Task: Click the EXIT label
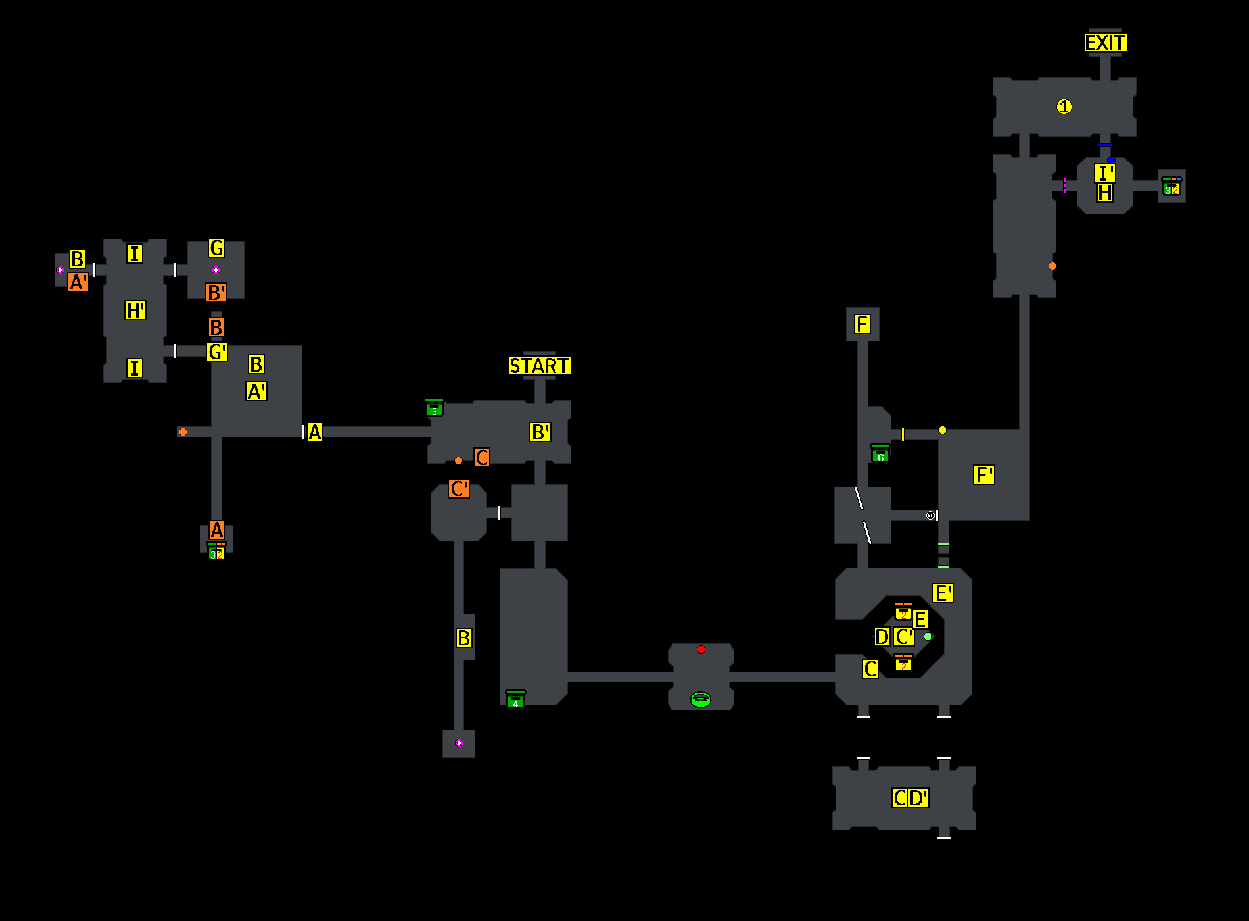pyautogui.click(x=1105, y=43)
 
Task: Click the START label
pyautogui.click(x=540, y=366)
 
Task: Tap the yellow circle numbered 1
pyautogui.click(x=1064, y=107)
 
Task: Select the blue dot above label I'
pyautogui.click(x=1111, y=160)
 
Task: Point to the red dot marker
pyautogui.click(x=701, y=649)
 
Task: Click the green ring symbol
pyautogui.click(x=701, y=699)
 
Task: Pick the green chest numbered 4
pyautogui.click(x=515, y=700)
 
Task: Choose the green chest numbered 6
pyautogui.click(x=880, y=454)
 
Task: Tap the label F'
pyautogui.click(x=983, y=475)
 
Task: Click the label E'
pyautogui.click(x=943, y=593)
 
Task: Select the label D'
pyautogui.click(x=918, y=798)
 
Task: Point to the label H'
pyautogui.click(x=135, y=311)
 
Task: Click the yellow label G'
pyautogui.click(x=217, y=352)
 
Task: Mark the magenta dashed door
pyautogui.click(x=1064, y=186)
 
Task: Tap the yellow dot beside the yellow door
pyautogui.click(x=942, y=430)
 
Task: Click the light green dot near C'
pyautogui.click(x=928, y=636)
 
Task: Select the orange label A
pyautogui.click(x=217, y=530)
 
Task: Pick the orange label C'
pyautogui.click(x=459, y=489)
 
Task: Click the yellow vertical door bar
pyautogui.click(x=903, y=434)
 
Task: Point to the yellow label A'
pyautogui.click(x=256, y=391)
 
